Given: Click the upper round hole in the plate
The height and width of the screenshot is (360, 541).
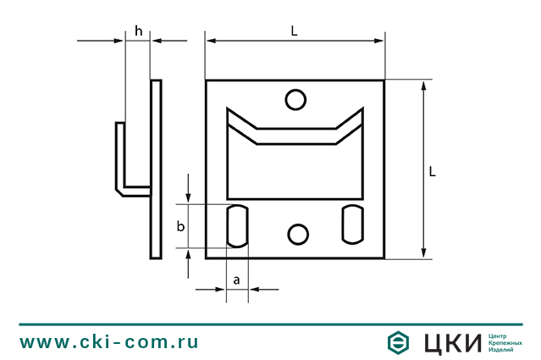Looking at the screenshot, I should pyautogui.click(x=295, y=100).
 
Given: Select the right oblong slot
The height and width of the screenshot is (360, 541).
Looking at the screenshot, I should pyautogui.click(x=352, y=224).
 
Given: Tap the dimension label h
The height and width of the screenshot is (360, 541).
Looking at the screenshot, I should pyautogui.click(x=138, y=30).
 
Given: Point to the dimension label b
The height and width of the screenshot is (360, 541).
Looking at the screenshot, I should pyautogui.click(x=179, y=226).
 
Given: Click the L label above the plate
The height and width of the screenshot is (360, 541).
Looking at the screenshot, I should pyautogui.click(x=295, y=30).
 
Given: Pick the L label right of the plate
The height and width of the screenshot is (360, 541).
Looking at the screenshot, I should pyautogui.click(x=432, y=171).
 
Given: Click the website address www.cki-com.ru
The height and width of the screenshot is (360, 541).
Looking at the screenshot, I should pyautogui.click(x=109, y=342).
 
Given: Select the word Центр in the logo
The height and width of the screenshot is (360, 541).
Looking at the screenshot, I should pyautogui.click(x=500, y=335).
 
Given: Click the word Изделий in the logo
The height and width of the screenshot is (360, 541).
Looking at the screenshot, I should pyautogui.click(x=503, y=351).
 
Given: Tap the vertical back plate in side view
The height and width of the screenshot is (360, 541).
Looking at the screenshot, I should pyautogui.click(x=156, y=169).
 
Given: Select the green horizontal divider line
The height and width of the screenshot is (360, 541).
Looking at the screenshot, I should pyautogui.click(x=270, y=324).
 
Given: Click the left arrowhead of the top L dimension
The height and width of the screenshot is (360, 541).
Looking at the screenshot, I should pyautogui.click(x=209, y=39).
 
